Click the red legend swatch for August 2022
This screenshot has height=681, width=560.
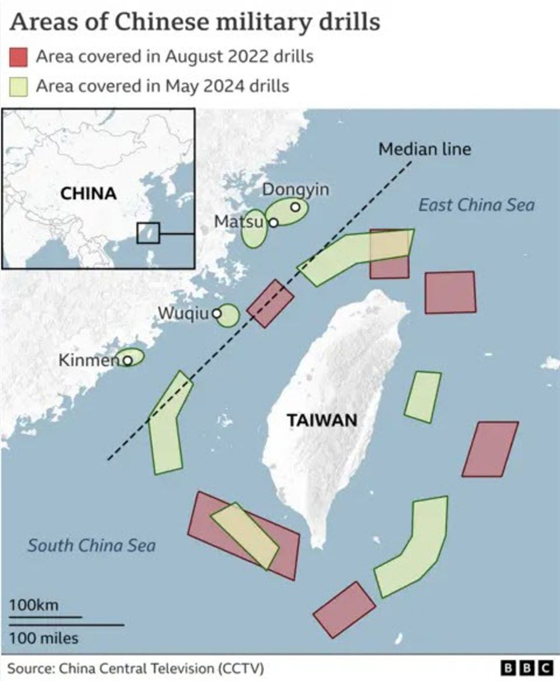click(x=18, y=57)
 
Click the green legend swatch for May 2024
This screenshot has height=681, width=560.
click(x=18, y=86)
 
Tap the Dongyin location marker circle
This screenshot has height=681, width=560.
click(x=295, y=207)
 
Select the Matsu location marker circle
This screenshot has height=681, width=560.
click(x=274, y=222)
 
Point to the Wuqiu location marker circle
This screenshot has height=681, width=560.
click(x=217, y=314)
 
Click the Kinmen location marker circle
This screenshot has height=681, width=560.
click(x=128, y=361)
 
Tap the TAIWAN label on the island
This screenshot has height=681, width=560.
click(x=322, y=420)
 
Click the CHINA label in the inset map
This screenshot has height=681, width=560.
click(x=88, y=194)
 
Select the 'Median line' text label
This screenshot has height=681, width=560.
click(x=424, y=149)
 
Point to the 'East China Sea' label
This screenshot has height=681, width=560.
click(x=476, y=205)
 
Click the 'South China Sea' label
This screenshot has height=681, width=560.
click(x=91, y=545)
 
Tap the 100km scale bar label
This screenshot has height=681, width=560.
click(x=33, y=605)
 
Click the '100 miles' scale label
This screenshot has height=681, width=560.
click(x=44, y=637)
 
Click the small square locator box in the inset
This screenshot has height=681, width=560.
click(x=148, y=234)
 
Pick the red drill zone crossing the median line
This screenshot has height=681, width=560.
click(x=270, y=304)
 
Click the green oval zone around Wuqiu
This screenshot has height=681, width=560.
click(x=228, y=316)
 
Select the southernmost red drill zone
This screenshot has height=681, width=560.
click(x=344, y=609)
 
